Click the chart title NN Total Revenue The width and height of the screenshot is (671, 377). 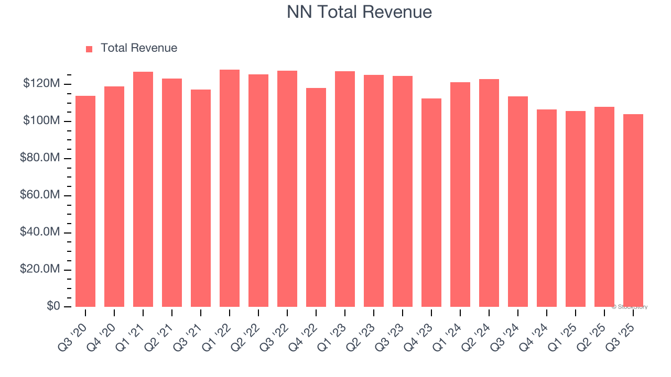tap(359, 12)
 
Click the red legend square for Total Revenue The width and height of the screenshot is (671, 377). tap(89, 49)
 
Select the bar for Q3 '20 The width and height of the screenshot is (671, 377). tap(85, 202)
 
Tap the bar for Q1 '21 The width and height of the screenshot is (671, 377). tap(143, 190)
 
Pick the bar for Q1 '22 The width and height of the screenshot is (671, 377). tap(230, 188)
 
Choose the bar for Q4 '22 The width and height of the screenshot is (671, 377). tap(316, 197)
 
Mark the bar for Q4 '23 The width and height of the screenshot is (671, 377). tap(431, 203)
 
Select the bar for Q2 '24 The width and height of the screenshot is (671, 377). tap(489, 193)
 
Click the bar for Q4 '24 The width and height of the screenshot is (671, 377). tap(547, 208)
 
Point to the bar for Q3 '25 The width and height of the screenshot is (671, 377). tap(633, 210)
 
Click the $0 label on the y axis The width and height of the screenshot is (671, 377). tap(53, 306)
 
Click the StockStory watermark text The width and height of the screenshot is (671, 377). tap(630, 307)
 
